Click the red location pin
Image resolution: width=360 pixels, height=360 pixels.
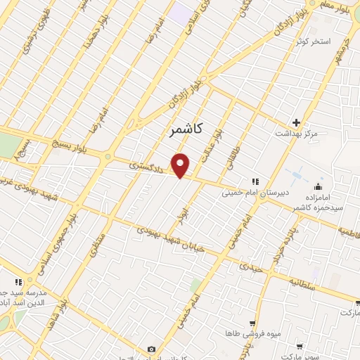[181, 166]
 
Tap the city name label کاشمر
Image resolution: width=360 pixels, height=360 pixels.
[186, 129]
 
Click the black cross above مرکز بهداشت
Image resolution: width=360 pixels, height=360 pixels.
[297, 122]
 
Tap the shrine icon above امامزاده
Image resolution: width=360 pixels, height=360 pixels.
[318, 187]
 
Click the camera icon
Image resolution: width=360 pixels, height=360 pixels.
[151, 349]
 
